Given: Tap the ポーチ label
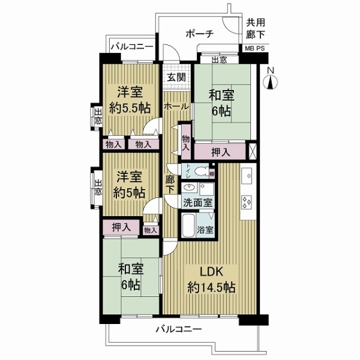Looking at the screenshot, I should tap(199, 34).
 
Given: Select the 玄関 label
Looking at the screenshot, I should tap(176, 77).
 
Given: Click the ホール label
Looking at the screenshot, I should tap(176, 106).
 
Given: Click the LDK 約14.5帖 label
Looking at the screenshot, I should tap(210, 278).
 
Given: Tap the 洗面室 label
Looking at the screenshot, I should tap(197, 202).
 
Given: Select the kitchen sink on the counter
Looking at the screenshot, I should tap(247, 176).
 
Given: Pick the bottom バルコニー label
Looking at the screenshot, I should tap(178, 329).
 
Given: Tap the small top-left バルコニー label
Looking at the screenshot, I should tap(131, 47).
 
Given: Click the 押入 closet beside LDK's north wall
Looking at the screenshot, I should tap(219, 152).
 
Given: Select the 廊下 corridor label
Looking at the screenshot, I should tap(170, 184).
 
